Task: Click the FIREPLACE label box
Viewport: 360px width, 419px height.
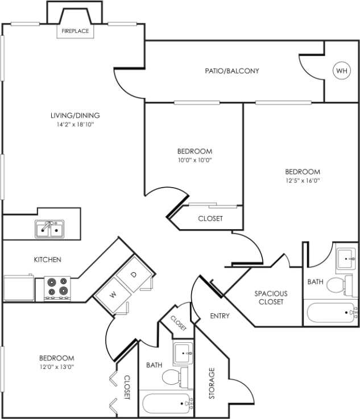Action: point(75,31)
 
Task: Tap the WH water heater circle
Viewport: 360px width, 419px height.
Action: point(341,71)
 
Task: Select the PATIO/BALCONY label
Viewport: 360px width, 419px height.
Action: point(232,71)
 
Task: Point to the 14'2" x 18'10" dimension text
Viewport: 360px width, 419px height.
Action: point(72,124)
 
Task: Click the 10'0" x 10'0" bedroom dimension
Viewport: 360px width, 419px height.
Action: point(195,160)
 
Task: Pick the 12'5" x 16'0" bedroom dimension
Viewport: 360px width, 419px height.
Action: point(302,180)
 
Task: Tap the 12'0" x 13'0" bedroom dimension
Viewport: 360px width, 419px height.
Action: point(56,367)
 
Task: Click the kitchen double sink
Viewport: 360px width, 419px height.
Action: point(49,229)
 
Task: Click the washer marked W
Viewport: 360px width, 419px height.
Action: point(112,294)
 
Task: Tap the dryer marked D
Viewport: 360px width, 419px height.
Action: point(134,275)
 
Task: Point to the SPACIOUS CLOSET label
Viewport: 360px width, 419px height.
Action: point(271,297)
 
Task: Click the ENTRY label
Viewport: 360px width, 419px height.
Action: point(220,316)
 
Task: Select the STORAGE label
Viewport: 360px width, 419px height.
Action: point(212,383)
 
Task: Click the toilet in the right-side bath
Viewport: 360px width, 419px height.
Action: point(337,284)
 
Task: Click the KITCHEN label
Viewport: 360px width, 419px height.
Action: point(48,260)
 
